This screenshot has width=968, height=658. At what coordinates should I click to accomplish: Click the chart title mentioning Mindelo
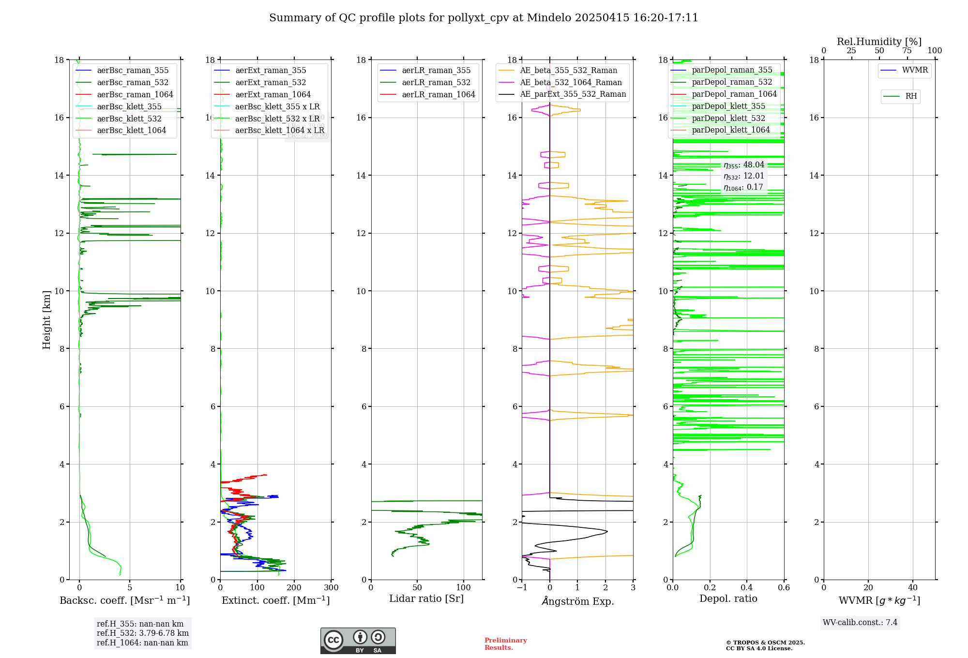tap(484, 18)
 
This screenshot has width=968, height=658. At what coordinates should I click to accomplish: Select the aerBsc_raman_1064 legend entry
tap(135, 95)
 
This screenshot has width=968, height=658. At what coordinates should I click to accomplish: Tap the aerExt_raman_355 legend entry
tap(271, 71)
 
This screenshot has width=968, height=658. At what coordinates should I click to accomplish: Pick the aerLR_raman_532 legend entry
tap(436, 83)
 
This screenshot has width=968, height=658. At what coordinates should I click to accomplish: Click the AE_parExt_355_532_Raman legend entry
tap(573, 94)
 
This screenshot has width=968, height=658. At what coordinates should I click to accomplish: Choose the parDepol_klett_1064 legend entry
tap(730, 130)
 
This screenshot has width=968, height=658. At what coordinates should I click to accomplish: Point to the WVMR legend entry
tap(915, 70)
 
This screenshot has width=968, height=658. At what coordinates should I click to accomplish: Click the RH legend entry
tap(911, 96)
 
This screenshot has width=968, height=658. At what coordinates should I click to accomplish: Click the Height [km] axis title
tap(46, 319)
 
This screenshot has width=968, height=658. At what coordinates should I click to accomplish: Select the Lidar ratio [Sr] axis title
tap(426, 599)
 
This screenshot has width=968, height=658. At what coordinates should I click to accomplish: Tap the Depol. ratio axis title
tap(728, 599)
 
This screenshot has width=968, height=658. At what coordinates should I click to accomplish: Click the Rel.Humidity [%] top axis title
tap(879, 42)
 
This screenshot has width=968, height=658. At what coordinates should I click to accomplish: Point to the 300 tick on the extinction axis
tap(331, 588)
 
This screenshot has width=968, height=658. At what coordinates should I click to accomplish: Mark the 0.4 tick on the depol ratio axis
tap(747, 588)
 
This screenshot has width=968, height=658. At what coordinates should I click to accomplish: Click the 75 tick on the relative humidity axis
tap(907, 51)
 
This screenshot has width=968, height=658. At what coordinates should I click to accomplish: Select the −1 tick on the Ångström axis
tap(522, 588)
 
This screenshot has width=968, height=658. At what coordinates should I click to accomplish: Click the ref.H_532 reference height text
tap(143, 633)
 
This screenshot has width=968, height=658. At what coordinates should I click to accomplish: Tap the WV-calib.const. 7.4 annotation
tap(860, 623)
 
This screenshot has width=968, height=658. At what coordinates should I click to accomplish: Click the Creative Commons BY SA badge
tap(358, 641)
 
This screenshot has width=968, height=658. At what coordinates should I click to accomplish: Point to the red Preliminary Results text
tap(505, 644)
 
